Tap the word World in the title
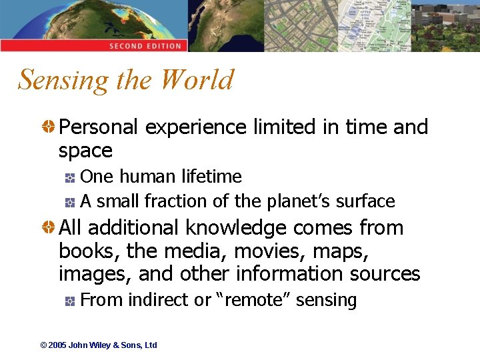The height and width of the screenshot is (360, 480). click(197, 79)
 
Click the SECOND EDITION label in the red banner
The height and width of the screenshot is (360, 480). click(145, 46)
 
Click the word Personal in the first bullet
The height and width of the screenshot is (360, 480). click(99, 127)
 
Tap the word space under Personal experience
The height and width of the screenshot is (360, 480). click(85, 151)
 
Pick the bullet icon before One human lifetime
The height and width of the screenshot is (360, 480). click(70, 177)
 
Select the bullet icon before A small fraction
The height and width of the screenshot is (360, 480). click(70, 201)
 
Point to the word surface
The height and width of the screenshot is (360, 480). click(365, 201)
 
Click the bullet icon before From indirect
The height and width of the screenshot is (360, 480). click(70, 301)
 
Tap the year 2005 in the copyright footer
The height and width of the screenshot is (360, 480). click(57, 345)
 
